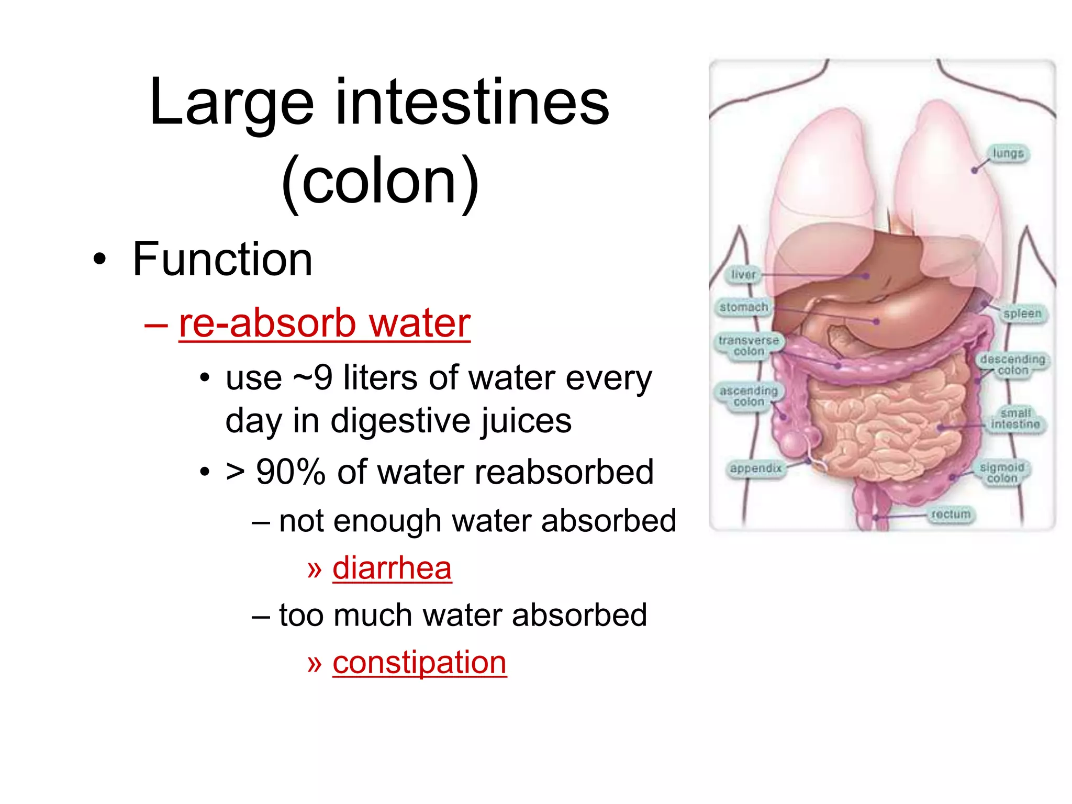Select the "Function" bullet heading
pos(222,259)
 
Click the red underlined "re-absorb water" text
pos(325,323)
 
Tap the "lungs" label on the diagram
pos(1008,153)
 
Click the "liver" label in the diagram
pos(743,274)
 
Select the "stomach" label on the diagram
pos(743,307)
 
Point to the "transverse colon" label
pos(749,346)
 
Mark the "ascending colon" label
pos(749,396)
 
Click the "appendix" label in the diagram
pos(755,468)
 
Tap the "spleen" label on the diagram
pos(1022,314)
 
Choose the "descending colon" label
pos(1013,365)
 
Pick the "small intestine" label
pos(1015,419)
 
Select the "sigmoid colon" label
pos(1002,473)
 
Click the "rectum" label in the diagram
pos(951,515)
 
